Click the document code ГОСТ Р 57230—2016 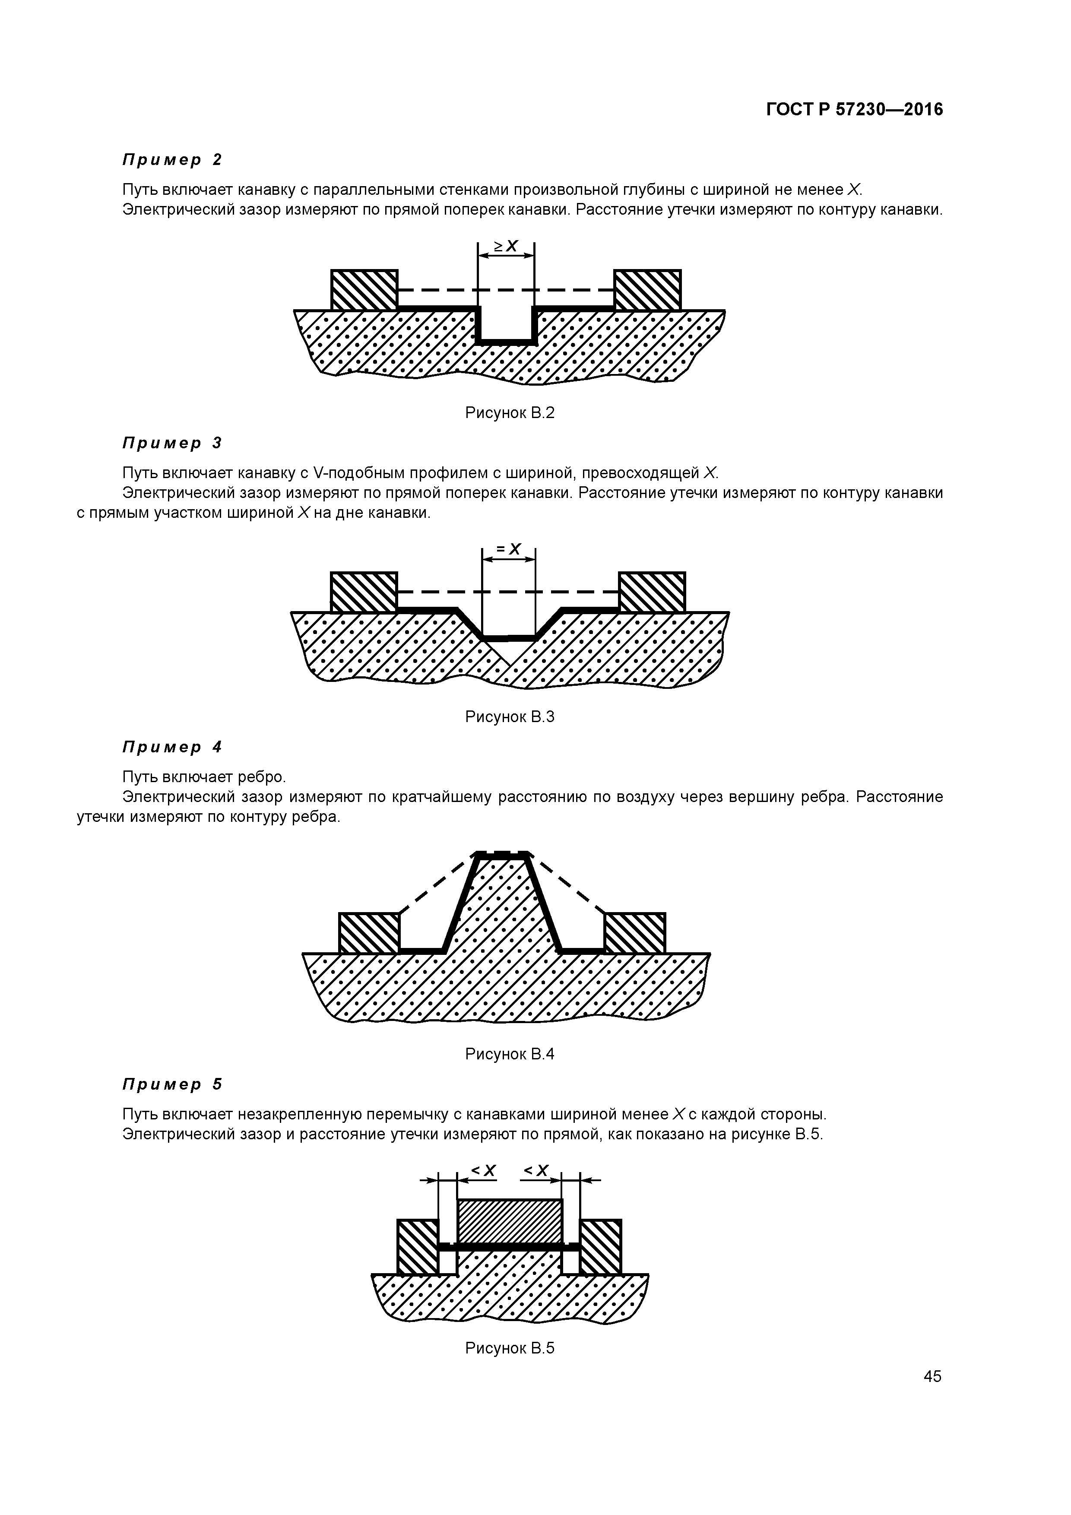click(855, 110)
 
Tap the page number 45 click(932, 1376)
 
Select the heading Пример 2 click(172, 160)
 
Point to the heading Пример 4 click(172, 747)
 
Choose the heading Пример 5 click(172, 1084)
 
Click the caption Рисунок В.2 click(510, 413)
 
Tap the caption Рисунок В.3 click(510, 716)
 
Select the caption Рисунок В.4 click(510, 1054)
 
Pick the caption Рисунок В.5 click(510, 1348)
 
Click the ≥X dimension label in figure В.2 click(506, 246)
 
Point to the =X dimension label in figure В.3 click(509, 549)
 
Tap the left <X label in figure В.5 click(482, 1170)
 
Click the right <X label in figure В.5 click(536, 1170)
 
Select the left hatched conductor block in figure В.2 click(364, 290)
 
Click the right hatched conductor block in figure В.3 click(652, 592)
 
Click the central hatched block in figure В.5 click(510, 1221)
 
